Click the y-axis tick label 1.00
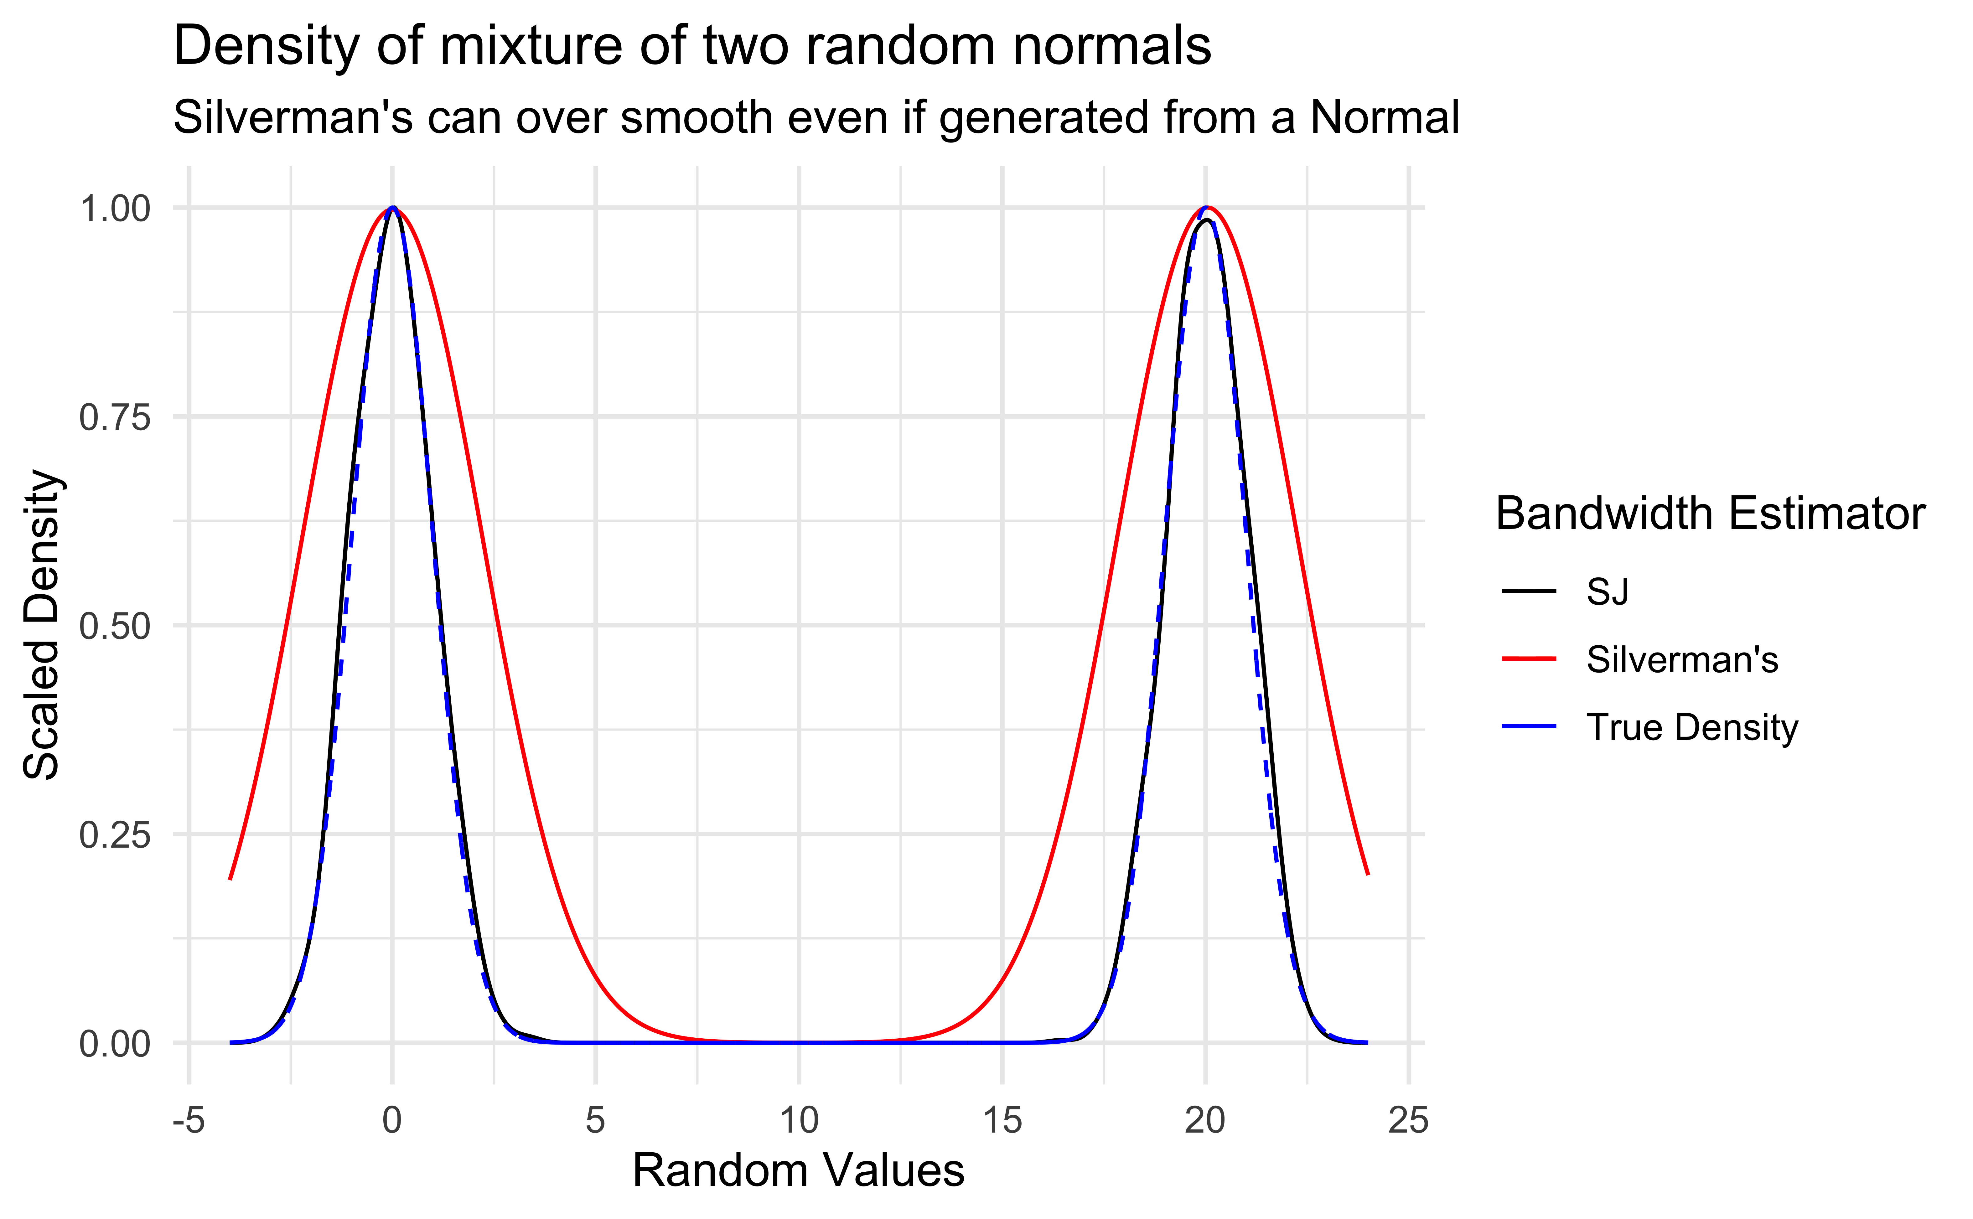pyautogui.click(x=115, y=209)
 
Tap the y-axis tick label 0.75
pyautogui.click(x=115, y=418)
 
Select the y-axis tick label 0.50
pyautogui.click(x=115, y=627)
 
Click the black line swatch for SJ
pyautogui.click(x=1529, y=592)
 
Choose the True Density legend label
pyautogui.click(x=1691, y=727)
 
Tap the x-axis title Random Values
pyautogui.click(x=798, y=1171)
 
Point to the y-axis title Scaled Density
pyautogui.click(x=42, y=625)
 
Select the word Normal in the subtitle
pyautogui.click(x=1385, y=118)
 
